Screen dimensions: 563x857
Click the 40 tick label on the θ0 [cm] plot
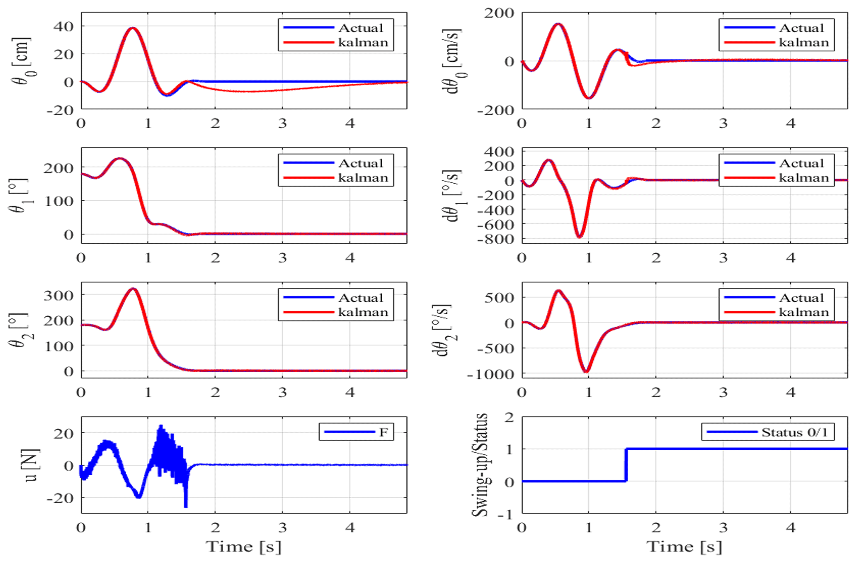click(63, 27)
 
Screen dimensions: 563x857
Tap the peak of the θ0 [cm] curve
click(132, 28)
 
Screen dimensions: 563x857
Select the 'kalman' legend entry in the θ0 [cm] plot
click(363, 42)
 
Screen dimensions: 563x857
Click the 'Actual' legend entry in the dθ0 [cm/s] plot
click(801, 28)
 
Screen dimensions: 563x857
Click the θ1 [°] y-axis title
click(19, 195)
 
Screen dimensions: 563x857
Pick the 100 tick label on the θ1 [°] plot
click(58, 201)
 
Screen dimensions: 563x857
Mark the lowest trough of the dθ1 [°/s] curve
click(579, 236)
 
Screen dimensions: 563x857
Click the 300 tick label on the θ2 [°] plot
click(58, 296)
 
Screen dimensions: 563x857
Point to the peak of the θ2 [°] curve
click(133, 289)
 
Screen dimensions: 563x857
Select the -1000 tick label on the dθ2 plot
click(490, 374)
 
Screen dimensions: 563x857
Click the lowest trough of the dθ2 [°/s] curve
click(586, 371)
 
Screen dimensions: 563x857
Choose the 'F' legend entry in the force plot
click(384, 432)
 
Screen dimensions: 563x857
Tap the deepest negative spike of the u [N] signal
click(186, 506)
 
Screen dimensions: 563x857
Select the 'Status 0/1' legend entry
click(794, 432)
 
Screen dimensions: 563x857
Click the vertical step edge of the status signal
click(626, 465)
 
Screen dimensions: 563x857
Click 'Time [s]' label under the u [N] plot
click(244, 546)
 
